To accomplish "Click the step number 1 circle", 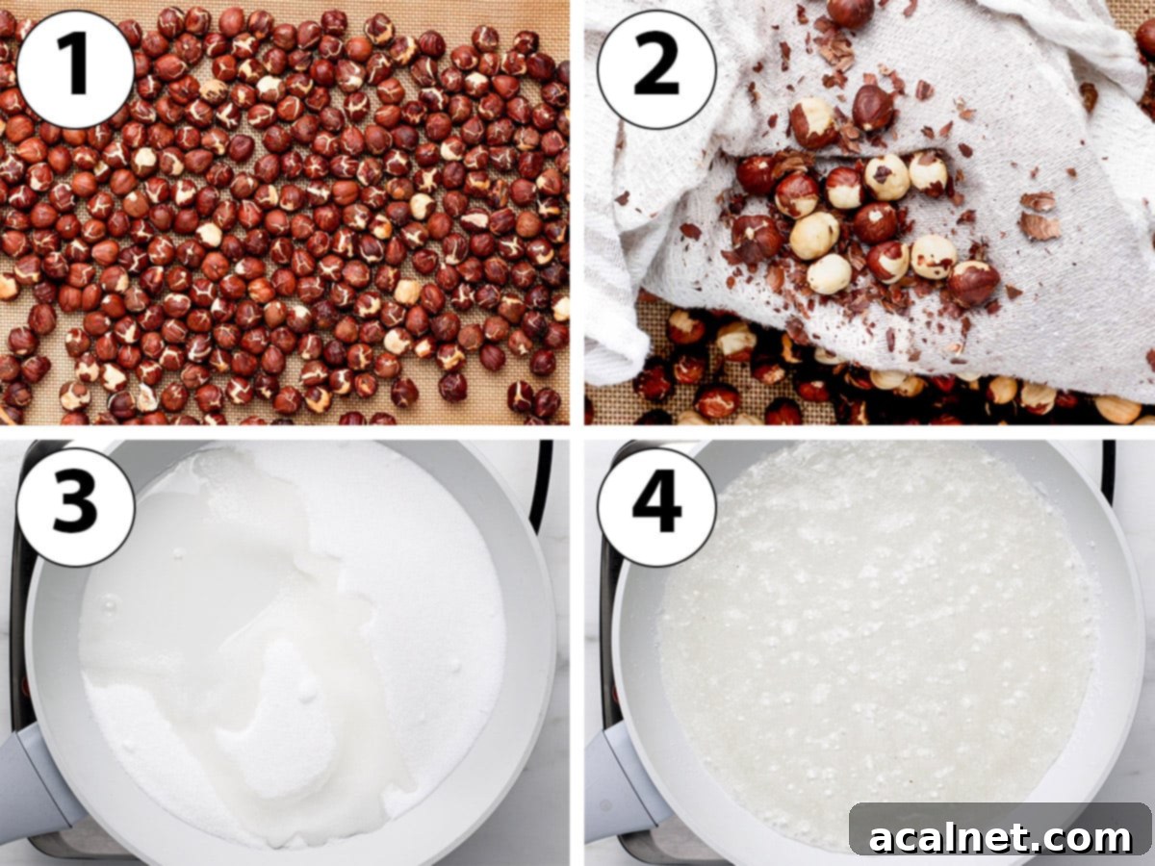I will [x=75, y=68].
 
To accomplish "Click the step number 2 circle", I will [x=656, y=68].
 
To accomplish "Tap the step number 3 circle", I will [x=75, y=506].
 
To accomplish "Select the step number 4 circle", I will [x=656, y=506].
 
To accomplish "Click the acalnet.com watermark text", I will [x=1000, y=837].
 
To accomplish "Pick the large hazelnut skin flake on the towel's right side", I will [x=1039, y=226].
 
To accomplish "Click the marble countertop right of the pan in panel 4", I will [x=1141, y=674].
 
